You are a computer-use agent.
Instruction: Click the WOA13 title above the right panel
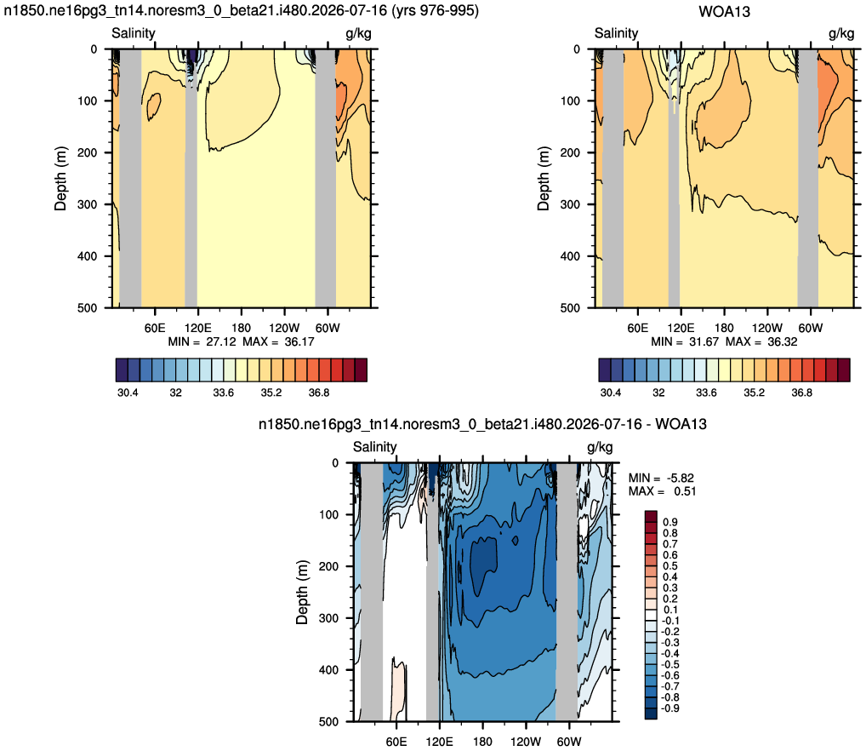(x=724, y=12)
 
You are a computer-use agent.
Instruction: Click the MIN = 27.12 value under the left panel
(x=202, y=341)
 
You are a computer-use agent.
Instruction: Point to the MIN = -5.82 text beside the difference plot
(x=661, y=478)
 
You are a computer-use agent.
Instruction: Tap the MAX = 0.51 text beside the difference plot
(x=662, y=491)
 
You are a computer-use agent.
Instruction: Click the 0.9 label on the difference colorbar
(x=670, y=522)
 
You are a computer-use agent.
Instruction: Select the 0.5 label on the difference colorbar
(x=670, y=566)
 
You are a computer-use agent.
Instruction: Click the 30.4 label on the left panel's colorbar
(x=128, y=393)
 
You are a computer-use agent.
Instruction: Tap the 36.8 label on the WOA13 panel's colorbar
(x=801, y=393)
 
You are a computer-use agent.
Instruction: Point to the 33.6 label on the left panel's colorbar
(x=223, y=393)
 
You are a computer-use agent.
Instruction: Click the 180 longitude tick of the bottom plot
(x=482, y=741)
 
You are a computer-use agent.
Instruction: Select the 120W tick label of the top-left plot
(x=284, y=328)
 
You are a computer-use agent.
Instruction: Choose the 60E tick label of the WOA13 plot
(x=637, y=328)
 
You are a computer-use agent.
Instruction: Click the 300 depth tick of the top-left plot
(x=88, y=204)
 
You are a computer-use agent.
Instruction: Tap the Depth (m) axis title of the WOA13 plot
(x=544, y=179)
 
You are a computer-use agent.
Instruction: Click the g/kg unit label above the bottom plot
(x=600, y=447)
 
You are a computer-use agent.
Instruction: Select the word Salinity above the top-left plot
(x=133, y=33)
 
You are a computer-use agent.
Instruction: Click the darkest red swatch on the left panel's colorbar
(x=361, y=370)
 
